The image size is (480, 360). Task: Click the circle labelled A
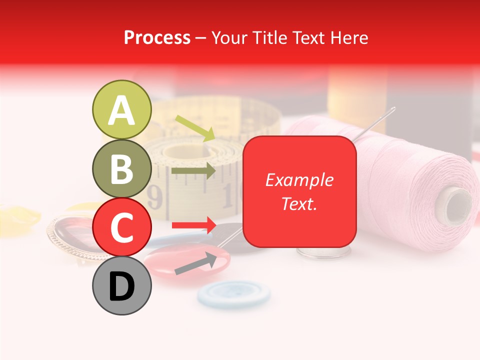click(x=121, y=109)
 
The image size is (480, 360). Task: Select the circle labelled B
click(x=121, y=168)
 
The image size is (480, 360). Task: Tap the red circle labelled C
click(x=121, y=227)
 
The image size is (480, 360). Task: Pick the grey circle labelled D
click(x=121, y=285)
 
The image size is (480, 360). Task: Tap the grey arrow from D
click(x=195, y=264)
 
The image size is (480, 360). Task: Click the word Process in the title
click(x=157, y=37)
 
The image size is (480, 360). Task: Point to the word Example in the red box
click(x=299, y=180)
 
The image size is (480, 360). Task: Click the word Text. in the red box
click(x=299, y=203)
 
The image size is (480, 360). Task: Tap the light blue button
click(x=233, y=293)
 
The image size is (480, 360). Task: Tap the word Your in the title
click(x=230, y=37)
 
